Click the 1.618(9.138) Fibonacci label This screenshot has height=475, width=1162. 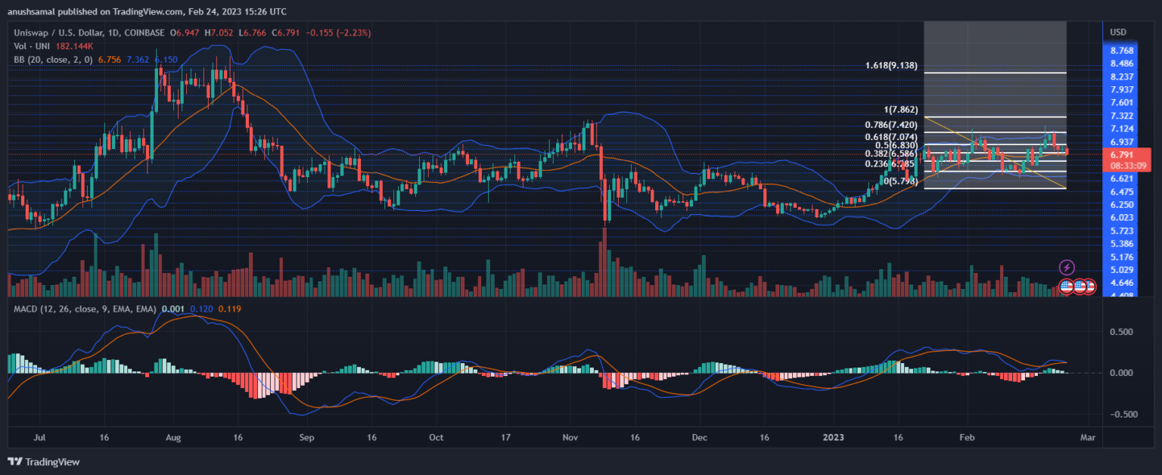pyautogui.click(x=891, y=66)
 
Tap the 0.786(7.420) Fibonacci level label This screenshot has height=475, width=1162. pyautogui.click(x=891, y=124)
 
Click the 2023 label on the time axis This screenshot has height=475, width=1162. pyautogui.click(x=834, y=437)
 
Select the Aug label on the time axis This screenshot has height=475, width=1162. pyautogui.click(x=172, y=437)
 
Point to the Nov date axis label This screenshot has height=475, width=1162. pyautogui.click(x=571, y=437)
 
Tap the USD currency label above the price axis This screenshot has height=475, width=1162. pyautogui.click(x=1117, y=33)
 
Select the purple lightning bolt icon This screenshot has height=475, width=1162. pyautogui.click(x=1067, y=267)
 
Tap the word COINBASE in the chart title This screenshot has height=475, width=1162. pyautogui.click(x=144, y=33)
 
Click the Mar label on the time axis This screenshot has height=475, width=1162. pyautogui.click(x=1087, y=437)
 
